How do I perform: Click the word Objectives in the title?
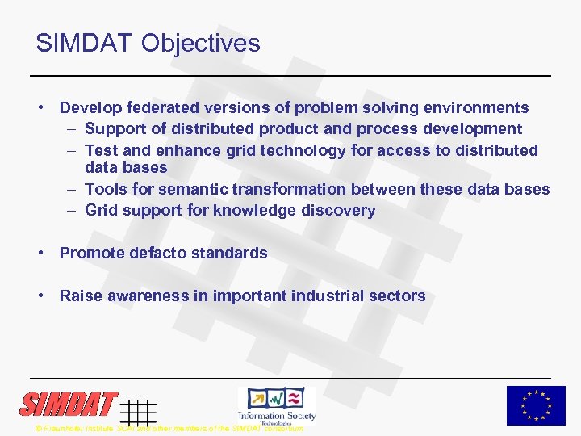200,43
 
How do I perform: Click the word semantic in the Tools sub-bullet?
193,189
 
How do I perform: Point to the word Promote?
90,253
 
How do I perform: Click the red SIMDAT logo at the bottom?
69,404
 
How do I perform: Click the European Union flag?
536,405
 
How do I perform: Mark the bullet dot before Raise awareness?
40,296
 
